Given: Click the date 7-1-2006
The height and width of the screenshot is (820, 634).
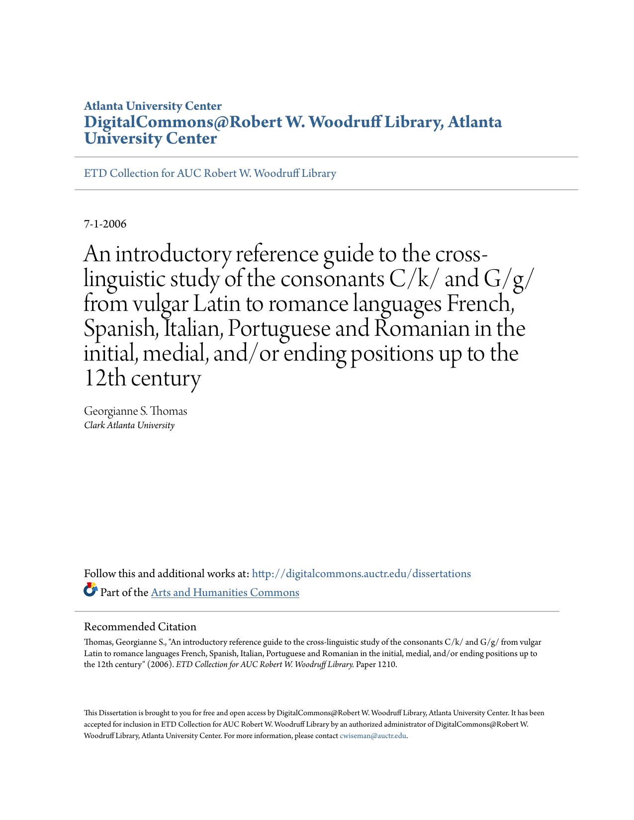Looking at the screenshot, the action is (x=105, y=224).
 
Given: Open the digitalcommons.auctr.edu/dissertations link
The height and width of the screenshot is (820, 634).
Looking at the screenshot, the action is (x=361, y=574).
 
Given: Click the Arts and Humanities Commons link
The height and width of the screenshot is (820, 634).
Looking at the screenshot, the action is (x=225, y=593).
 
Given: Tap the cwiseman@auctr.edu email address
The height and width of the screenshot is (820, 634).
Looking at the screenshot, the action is (x=373, y=736).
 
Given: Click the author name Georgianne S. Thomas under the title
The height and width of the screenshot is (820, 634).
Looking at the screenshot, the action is (x=135, y=411).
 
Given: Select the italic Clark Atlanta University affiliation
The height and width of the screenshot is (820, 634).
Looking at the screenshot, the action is (x=129, y=425).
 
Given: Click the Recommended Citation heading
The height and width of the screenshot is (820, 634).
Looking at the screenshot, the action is (x=140, y=627).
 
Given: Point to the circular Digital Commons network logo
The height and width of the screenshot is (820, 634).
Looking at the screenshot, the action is (x=91, y=590).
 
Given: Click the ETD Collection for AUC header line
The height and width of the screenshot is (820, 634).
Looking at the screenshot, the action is (x=210, y=173).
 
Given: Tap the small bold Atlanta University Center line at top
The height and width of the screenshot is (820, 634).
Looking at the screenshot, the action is (x=153, y=106).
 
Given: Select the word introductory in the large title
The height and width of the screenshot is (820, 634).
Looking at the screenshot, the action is (x=174, y=254).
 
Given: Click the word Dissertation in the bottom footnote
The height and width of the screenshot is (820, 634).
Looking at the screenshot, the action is (x=118, y=713).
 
